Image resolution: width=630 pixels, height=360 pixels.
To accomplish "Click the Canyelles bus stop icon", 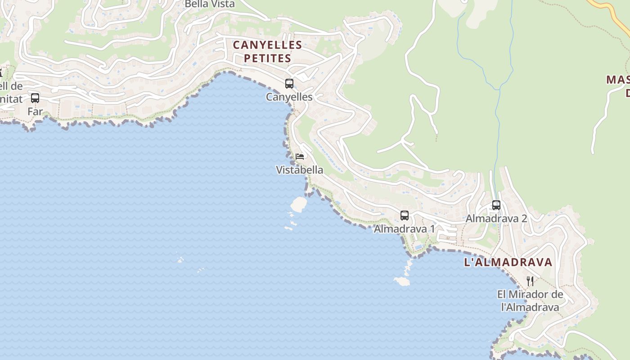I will click(x=289, y=84).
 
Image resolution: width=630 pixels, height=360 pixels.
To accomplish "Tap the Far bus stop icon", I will click(x=35, y=98).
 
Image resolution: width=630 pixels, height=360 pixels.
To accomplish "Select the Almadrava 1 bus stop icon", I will click(x=405, y=216).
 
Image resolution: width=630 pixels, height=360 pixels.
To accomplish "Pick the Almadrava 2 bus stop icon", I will click(x=496, y=205).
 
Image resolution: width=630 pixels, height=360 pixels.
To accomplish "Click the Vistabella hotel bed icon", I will click(x=300, y=157).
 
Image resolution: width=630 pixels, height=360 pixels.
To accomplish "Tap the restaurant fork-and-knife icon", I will click(x=530, y=281).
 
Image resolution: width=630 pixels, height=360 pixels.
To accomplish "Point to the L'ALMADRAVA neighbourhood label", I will click(x=508, y=262).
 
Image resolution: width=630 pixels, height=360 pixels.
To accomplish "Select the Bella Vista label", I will click(x=210, y=4).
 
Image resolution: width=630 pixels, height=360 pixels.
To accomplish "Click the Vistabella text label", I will click(x=300, y=170).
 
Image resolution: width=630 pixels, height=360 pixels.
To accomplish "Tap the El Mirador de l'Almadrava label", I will click(x=530, y=301).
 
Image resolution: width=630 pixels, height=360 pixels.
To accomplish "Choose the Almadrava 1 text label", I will click(x=405, y=229).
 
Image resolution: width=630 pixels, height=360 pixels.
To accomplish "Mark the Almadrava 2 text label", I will click(x=496, y=219).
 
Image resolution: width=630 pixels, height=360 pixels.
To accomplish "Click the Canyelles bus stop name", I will click(x=289, y=97).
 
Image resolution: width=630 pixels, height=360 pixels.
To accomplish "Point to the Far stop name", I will click(x=35, y=111).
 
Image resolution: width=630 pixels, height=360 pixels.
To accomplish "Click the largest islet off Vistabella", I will click(x=298, y=204).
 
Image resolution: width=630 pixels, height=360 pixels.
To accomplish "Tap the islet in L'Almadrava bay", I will click(x=401, y=281).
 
